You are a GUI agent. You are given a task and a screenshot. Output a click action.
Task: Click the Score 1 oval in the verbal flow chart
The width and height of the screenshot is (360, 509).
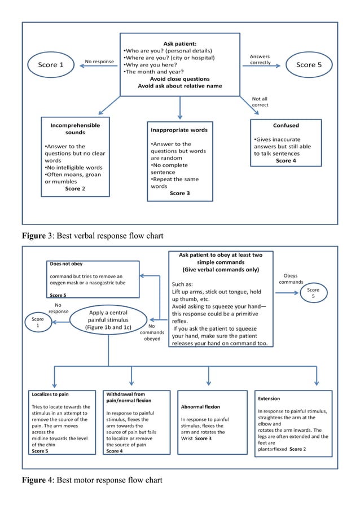(48, 65)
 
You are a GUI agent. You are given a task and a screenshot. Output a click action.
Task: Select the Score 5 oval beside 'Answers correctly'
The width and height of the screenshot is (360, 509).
(309, 65)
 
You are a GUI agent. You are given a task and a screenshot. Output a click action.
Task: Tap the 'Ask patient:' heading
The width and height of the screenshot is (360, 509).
(180, 43)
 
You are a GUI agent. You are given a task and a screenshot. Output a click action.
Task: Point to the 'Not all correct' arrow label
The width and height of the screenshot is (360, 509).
(260, 102)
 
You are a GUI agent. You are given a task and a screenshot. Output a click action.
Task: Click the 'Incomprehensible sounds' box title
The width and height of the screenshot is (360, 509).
(75, 129)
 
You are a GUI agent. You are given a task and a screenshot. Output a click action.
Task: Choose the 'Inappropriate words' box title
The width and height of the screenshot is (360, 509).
(179, 130)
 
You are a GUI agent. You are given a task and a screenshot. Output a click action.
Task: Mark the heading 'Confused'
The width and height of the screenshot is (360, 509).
(286, 125)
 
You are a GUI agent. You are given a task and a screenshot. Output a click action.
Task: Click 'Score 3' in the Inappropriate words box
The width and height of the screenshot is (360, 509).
(180, 193)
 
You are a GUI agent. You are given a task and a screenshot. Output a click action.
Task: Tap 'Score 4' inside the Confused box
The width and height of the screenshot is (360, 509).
(286, 160)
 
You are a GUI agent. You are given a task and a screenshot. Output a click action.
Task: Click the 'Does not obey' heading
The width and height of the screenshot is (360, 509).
(66, 264)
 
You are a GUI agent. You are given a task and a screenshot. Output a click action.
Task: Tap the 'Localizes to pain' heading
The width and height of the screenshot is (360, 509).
(50, 394)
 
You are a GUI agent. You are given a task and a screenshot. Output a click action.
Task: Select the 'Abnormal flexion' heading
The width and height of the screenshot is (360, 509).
(201, 406)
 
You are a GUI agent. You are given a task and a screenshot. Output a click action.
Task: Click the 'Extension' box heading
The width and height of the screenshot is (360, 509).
(269, 398)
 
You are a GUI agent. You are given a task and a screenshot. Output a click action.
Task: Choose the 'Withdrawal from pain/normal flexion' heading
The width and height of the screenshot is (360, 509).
(125, 397)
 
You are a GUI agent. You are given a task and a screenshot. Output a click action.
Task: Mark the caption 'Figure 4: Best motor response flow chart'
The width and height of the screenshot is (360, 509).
(91, 480)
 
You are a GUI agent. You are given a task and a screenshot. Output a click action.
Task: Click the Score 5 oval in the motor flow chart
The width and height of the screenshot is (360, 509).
(313, 293)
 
